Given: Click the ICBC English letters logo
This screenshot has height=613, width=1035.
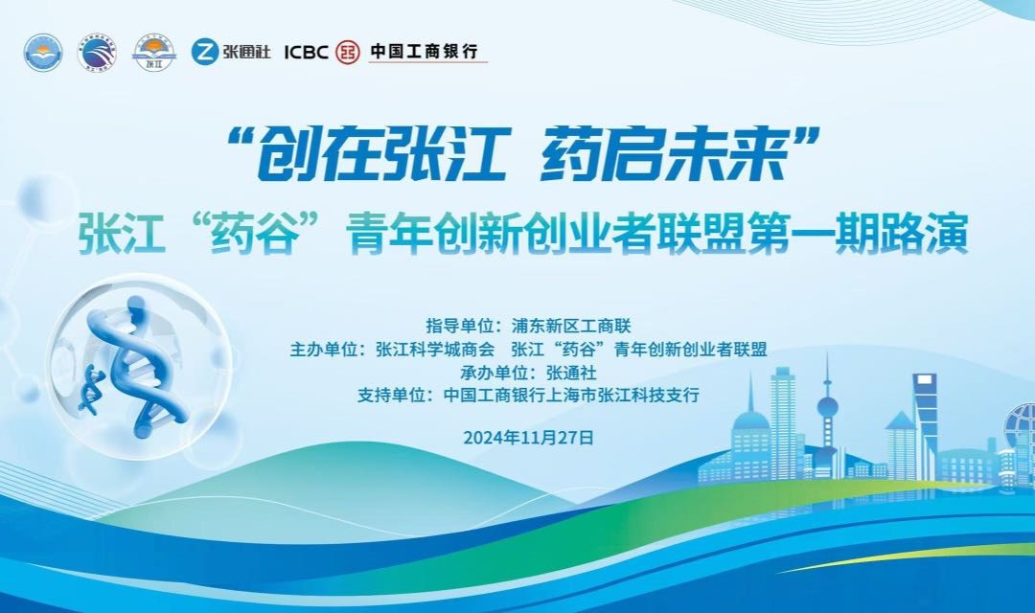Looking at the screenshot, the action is [x=306, y=52].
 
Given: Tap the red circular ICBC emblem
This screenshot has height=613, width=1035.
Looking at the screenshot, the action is [x=347, y=52].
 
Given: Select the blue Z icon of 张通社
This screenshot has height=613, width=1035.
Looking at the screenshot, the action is [x=205, y=52].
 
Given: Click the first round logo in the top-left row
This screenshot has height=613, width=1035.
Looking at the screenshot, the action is [x=43, y=53].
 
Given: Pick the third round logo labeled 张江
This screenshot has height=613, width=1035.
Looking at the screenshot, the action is [x=153, y=53].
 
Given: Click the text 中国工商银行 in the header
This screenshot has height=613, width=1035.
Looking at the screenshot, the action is [x=424, y=51].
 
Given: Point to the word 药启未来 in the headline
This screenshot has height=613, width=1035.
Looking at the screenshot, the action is [x=663, y=154].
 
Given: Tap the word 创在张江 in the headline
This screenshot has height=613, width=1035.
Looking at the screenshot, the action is [x=381, y=154].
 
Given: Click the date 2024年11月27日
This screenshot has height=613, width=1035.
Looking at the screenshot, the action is [x=529, y=438].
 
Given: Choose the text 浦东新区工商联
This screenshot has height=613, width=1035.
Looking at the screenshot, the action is [x=571, y=326].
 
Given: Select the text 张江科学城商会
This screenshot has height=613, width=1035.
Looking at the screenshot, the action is [x=435, y=350].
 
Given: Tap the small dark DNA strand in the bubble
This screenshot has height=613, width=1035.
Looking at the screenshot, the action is [x=90, y=392].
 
